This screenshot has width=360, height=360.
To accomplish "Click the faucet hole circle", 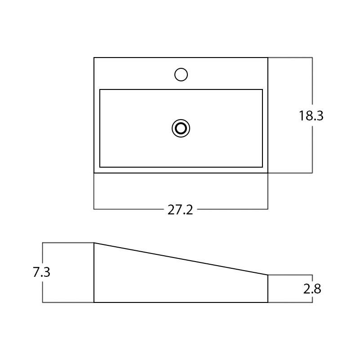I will coord(181,75).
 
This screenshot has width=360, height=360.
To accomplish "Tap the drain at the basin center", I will coord(181,129).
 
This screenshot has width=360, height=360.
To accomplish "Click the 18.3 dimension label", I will coord(311,116).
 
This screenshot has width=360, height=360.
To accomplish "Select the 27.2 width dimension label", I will coord(180,210).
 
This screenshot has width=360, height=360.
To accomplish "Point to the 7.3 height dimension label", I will coord(41,272).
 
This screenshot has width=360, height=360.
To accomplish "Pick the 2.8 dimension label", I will coord(312,289).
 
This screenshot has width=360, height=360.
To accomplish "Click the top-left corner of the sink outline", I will coord(94,58).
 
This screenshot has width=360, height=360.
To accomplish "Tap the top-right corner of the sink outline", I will coord(268,58).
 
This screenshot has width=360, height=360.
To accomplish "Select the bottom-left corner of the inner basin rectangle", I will coord(100,167).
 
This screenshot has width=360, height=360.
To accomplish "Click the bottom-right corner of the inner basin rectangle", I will coord(262,167).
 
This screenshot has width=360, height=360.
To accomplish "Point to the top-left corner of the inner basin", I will coord(100,89).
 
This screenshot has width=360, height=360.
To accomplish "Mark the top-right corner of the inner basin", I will coord(262,89).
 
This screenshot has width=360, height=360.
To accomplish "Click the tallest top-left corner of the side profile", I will coord(94,243).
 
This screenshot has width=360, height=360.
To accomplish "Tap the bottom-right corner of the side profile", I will coord(268,302).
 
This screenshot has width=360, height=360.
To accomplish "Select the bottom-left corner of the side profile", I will coord(94,302).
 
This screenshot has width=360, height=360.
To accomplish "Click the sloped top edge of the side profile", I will coord(181,259).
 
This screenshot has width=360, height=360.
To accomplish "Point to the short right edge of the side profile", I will coord(268,289).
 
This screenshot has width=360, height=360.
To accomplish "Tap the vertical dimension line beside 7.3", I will coord(43,292).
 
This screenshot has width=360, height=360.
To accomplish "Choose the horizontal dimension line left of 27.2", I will coord(128,209).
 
